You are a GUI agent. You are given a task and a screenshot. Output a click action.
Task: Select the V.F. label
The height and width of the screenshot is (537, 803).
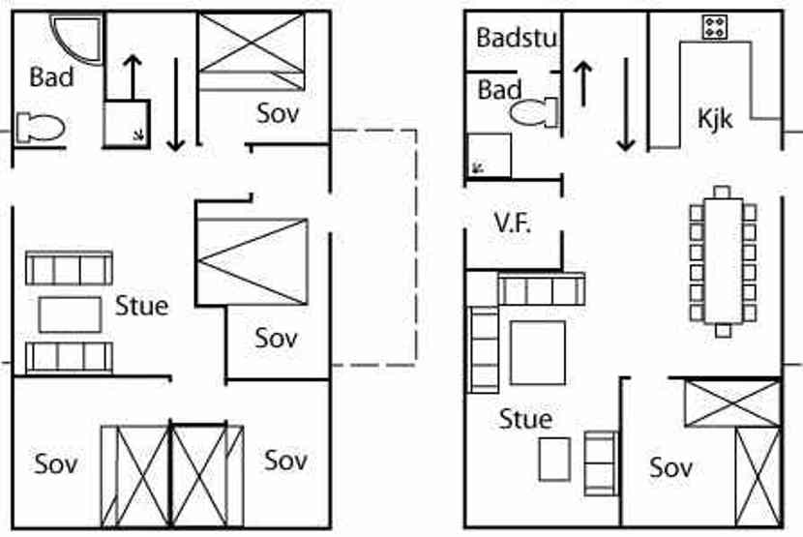[513, 222]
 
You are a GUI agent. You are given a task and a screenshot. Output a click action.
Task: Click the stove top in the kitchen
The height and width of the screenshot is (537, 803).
[716, 27]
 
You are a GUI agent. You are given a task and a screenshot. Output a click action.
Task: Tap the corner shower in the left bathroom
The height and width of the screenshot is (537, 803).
[75, 39]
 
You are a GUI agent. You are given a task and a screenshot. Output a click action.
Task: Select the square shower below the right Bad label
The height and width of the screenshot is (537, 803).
[489, 156]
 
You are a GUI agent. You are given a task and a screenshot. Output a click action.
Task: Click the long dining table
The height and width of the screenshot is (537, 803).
[722, 257]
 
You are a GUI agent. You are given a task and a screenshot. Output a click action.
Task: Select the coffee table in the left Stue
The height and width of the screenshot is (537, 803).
[70, 313]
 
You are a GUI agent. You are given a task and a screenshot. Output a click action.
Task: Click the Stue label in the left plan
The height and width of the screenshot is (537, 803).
[141, 306]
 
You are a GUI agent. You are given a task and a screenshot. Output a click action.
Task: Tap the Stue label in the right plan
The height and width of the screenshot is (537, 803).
[525, 419]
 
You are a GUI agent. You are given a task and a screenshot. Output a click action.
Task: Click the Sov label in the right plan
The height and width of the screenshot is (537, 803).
[670, 467]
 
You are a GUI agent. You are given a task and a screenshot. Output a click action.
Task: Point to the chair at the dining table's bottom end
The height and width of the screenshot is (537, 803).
[723, 330]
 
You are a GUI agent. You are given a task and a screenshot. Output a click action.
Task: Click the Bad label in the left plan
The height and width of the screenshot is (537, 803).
[51, 77]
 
